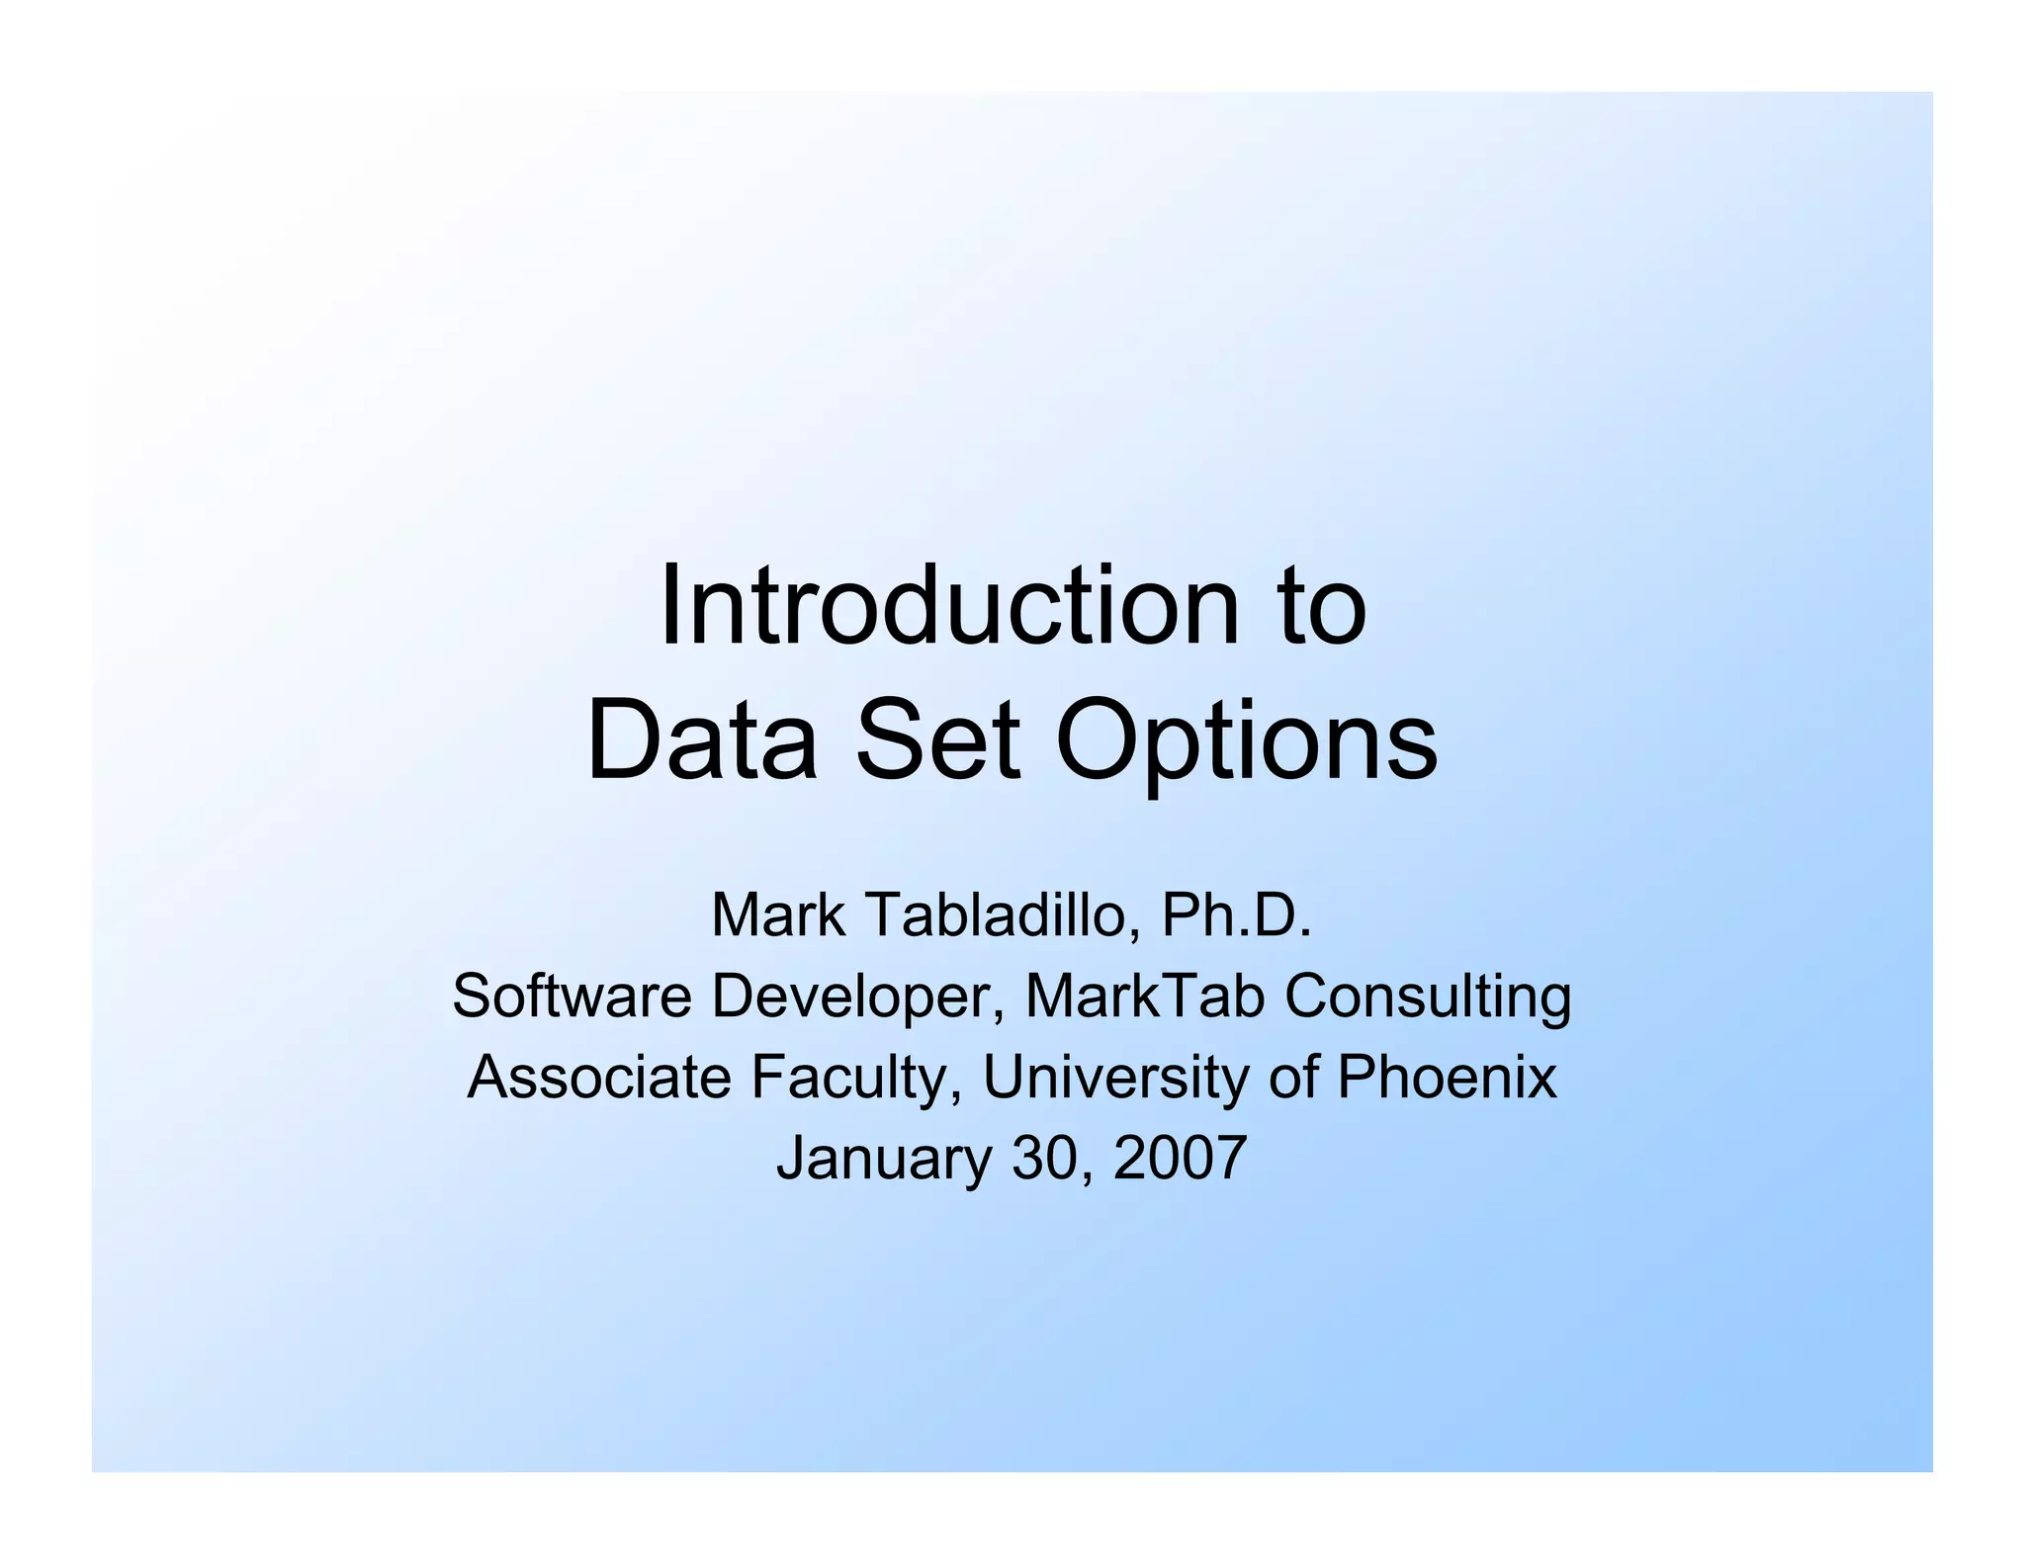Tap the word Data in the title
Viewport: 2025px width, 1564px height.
coord(701,740)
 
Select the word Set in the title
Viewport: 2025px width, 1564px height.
coord(936,740)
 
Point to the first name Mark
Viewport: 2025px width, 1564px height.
coord(777,914)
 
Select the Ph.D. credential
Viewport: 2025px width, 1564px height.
coord(1236,914)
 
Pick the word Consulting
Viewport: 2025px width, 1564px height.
coord(1428,998)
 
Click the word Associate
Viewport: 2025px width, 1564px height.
coord(598,1077)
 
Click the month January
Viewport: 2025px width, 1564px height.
coord(884,1159)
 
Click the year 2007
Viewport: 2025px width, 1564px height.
coord(1180,1159)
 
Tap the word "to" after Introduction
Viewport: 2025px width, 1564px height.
coord(1321,607)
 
